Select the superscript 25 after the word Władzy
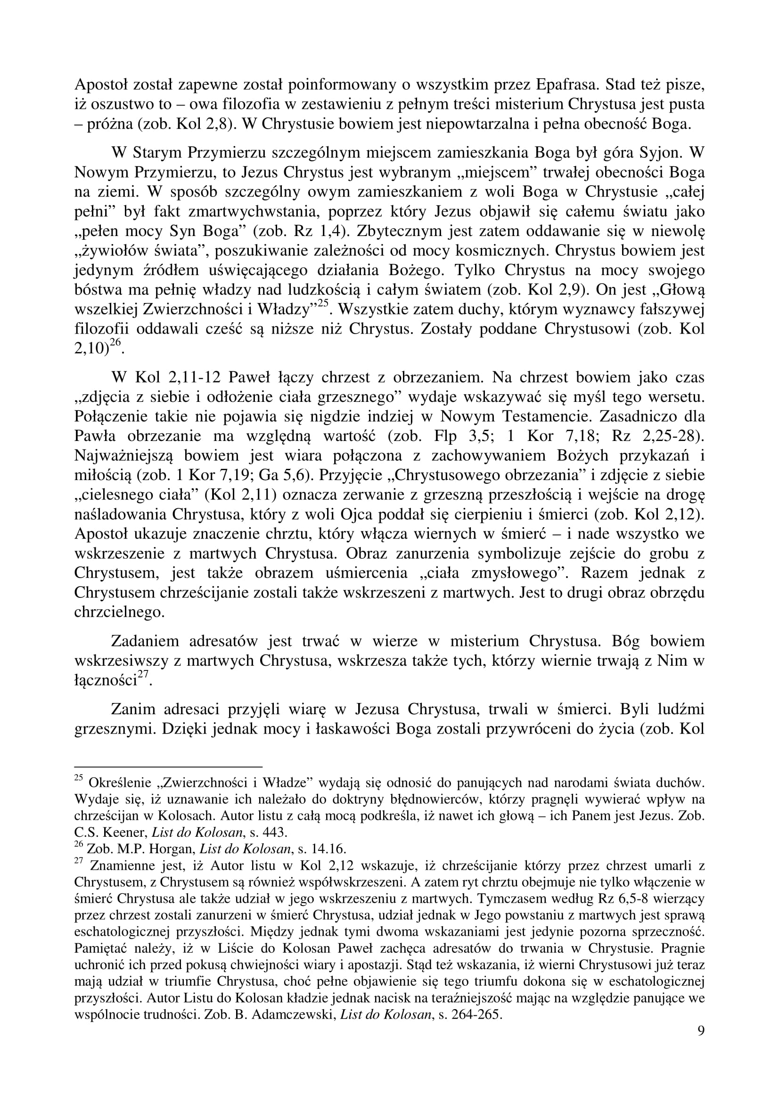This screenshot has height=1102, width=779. coord(322,304)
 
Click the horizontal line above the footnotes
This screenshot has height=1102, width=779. coord(168,767)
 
